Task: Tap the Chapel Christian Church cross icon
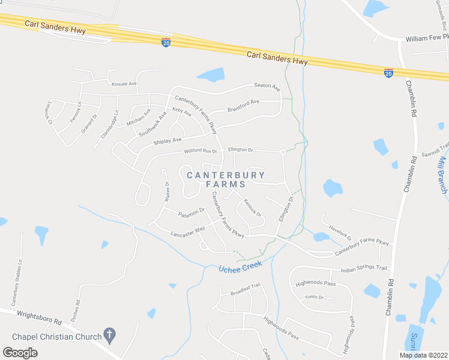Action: click(x=109, y=333)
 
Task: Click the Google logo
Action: click(x=20, y=352)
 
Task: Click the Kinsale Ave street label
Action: click(x=125, y=83)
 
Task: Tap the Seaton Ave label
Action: click(x=267, y=86)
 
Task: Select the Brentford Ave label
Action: click(x=243, y=106)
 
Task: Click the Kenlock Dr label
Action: click(x=253, y=208)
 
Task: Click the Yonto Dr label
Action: click(x=313, y=297)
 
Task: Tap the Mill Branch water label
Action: click(x=444, y=174)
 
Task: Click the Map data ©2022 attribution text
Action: click(x=423, y=355)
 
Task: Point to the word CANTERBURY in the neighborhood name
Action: click(x=226, y=175)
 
